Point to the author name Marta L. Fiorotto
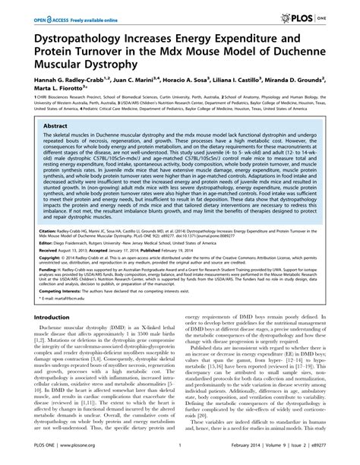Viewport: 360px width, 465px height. pyautogui.click(x=48, y=88)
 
